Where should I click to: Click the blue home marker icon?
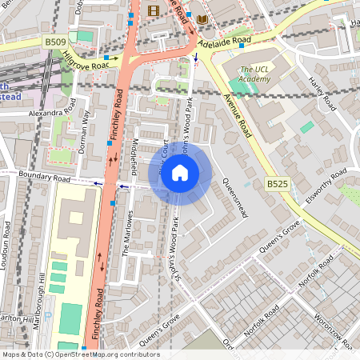tap(180, 173)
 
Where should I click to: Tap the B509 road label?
tap(54, 41)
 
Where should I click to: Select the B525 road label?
tap(277, 184)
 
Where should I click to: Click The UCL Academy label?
tap(255, 74)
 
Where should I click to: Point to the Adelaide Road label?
tap(226, 39)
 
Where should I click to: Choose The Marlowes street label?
tap(126, 238)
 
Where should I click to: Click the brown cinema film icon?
tap(154, 10)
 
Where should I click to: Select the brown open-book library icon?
tap(202, 18)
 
